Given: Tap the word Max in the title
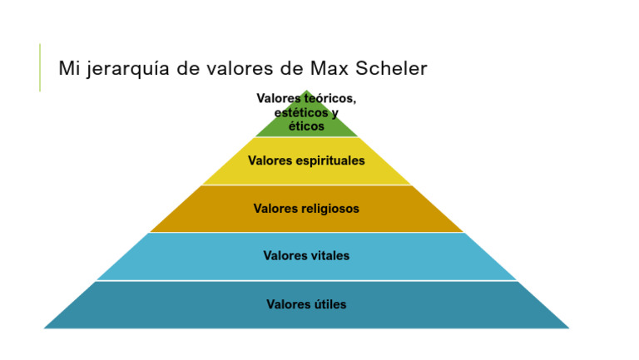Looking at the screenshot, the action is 329,67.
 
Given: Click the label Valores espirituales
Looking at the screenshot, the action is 306,160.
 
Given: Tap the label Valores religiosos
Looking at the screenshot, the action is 306,209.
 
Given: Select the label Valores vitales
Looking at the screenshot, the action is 306,256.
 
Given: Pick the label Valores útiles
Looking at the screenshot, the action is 306,304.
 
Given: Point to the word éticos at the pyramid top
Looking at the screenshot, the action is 306,126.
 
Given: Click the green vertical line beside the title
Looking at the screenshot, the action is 40,67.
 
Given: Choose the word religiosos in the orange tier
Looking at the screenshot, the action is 330,209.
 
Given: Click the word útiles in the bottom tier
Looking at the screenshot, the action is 328,304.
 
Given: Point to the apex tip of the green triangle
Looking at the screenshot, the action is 306,91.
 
